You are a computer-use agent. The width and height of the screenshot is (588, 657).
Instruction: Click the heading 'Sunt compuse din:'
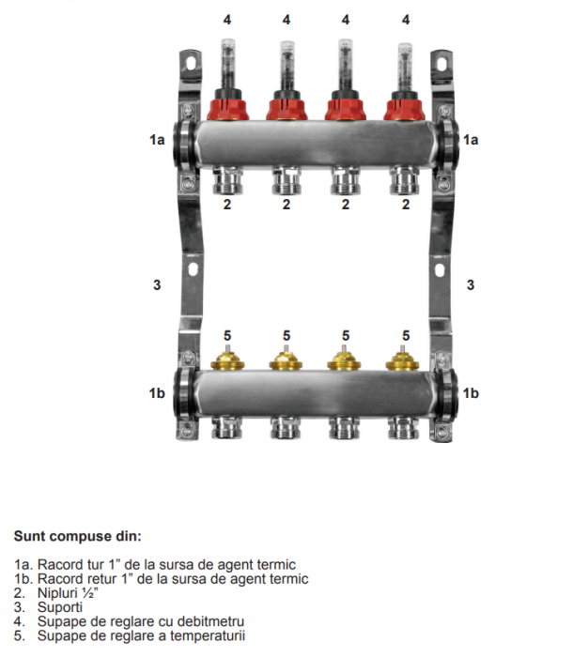click(77, 537)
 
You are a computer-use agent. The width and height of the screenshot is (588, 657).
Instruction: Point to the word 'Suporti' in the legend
click(59, 607)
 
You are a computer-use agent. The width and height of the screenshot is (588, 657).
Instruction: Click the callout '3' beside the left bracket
click(157, 283)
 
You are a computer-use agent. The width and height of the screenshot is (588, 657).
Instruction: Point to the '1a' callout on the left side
click(157, 139)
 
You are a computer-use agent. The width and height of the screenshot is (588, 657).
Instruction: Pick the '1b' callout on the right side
click(471, 392)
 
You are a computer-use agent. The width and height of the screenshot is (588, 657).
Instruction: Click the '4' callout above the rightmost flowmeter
click(406, 19)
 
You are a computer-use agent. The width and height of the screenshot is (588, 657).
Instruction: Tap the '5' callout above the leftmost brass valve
click(226, 335)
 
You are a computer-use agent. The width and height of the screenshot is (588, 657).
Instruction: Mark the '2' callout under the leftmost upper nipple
click(226, 205)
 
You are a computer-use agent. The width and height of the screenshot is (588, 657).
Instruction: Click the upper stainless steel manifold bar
click(315, 143)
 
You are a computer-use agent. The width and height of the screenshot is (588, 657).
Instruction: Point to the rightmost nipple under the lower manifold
click(406, 429)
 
